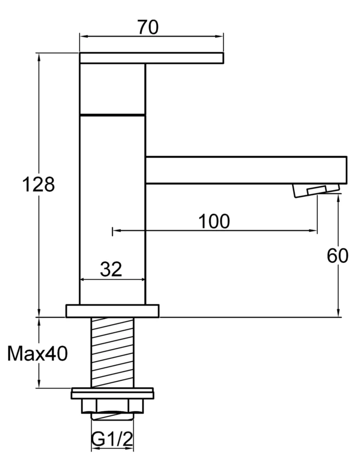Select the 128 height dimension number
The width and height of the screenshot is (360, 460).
point(39,184)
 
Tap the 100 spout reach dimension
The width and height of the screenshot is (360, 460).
point(214,221)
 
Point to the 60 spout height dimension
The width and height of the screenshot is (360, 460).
point(337,256)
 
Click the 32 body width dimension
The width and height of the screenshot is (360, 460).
point(111,269)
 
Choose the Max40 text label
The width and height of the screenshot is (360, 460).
point(38,354)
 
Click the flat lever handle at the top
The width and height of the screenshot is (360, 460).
point(151,58)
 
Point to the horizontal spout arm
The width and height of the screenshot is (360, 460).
point(246,170)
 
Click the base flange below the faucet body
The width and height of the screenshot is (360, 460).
point(112,311)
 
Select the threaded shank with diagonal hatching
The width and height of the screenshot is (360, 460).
point(113,352)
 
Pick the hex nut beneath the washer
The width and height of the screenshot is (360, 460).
point(112,406)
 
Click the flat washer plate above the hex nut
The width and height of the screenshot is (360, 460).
point(112,394)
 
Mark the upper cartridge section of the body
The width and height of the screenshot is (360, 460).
point(112,88)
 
